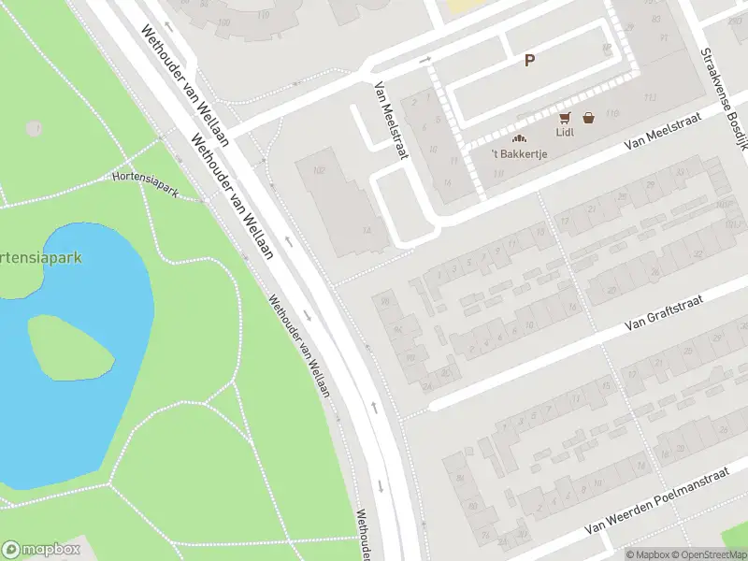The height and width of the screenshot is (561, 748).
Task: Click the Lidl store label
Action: click(x=564, y=132)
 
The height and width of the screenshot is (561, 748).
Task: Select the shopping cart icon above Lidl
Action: click(x=564, y=118)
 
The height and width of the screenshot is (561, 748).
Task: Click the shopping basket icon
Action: click(x=588, y=118)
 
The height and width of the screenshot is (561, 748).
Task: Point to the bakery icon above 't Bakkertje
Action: click(x=518, y=138)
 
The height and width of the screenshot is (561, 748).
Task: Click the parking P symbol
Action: click(x=529, y=61)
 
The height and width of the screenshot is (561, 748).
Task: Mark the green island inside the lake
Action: click(x=71, y=345)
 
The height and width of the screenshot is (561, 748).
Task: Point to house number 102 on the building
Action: click(x=318, y=171)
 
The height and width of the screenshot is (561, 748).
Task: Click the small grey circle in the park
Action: click(x=34, y=128)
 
